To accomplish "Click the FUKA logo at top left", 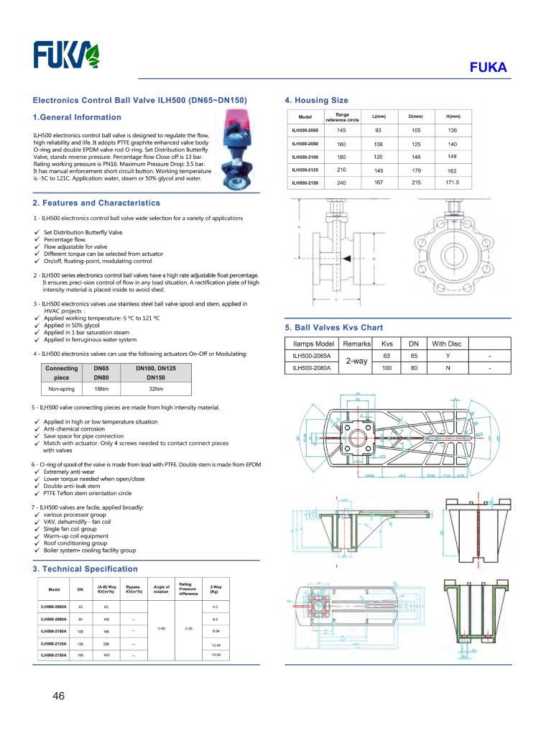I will [69, 55].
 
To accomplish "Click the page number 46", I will [59, 696].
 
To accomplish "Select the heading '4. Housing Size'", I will [316, 101].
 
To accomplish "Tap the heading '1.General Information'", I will [77, 117].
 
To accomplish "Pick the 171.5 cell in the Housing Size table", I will [451, 183].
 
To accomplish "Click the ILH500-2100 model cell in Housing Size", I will [305, 157].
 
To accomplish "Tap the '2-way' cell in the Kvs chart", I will [356, 362].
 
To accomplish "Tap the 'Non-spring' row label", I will [62, 389].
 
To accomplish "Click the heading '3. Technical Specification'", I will [85, 569].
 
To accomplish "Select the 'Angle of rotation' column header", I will [161, 589].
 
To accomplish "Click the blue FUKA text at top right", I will [488, 68].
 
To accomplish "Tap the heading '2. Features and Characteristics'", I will [96, 203].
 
